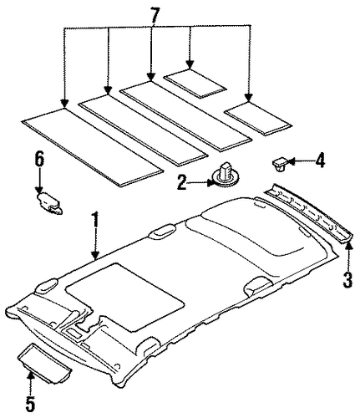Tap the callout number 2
[182, 183]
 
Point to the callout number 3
[347, 279]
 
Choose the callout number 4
[320, 161]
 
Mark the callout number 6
[39, 160]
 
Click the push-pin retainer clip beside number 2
[226, 175]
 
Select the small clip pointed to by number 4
[281, 164]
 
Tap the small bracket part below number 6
[49, 204]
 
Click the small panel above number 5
[44, 358]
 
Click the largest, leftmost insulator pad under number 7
[93, 147]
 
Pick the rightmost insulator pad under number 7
[258, 119]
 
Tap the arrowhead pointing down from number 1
[95, 255]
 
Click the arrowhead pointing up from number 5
[31, 377]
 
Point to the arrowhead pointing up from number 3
[348, 246]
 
